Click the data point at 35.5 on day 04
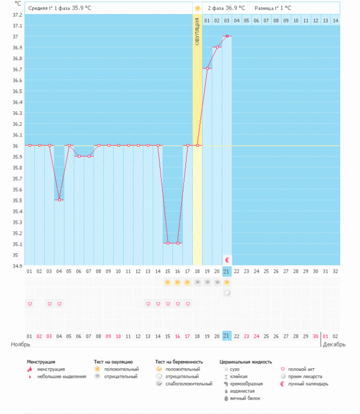[x=60, y=200]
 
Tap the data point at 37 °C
[x=227, y=36]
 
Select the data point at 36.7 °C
[x=207, y=68]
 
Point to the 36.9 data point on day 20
[x=217, y=47]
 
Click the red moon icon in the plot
[x=227, y=260]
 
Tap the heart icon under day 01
[x=30, y=304]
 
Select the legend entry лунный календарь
[x=308, y=384]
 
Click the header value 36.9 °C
[x=235, y=8]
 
